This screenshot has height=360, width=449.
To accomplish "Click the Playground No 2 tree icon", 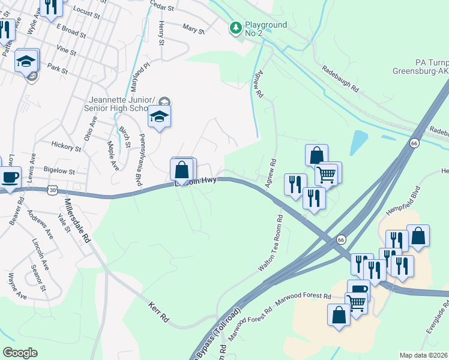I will (236, 28).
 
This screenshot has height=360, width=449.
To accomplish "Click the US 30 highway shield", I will (53, 190).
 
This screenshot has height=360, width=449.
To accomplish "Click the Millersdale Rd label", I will (77, 220).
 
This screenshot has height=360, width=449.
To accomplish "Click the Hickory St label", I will (66, 146).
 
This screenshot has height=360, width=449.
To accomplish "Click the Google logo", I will (20, 352).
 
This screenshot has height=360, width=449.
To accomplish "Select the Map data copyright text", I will (424, 355).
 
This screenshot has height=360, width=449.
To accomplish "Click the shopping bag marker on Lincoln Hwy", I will (182, 170).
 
